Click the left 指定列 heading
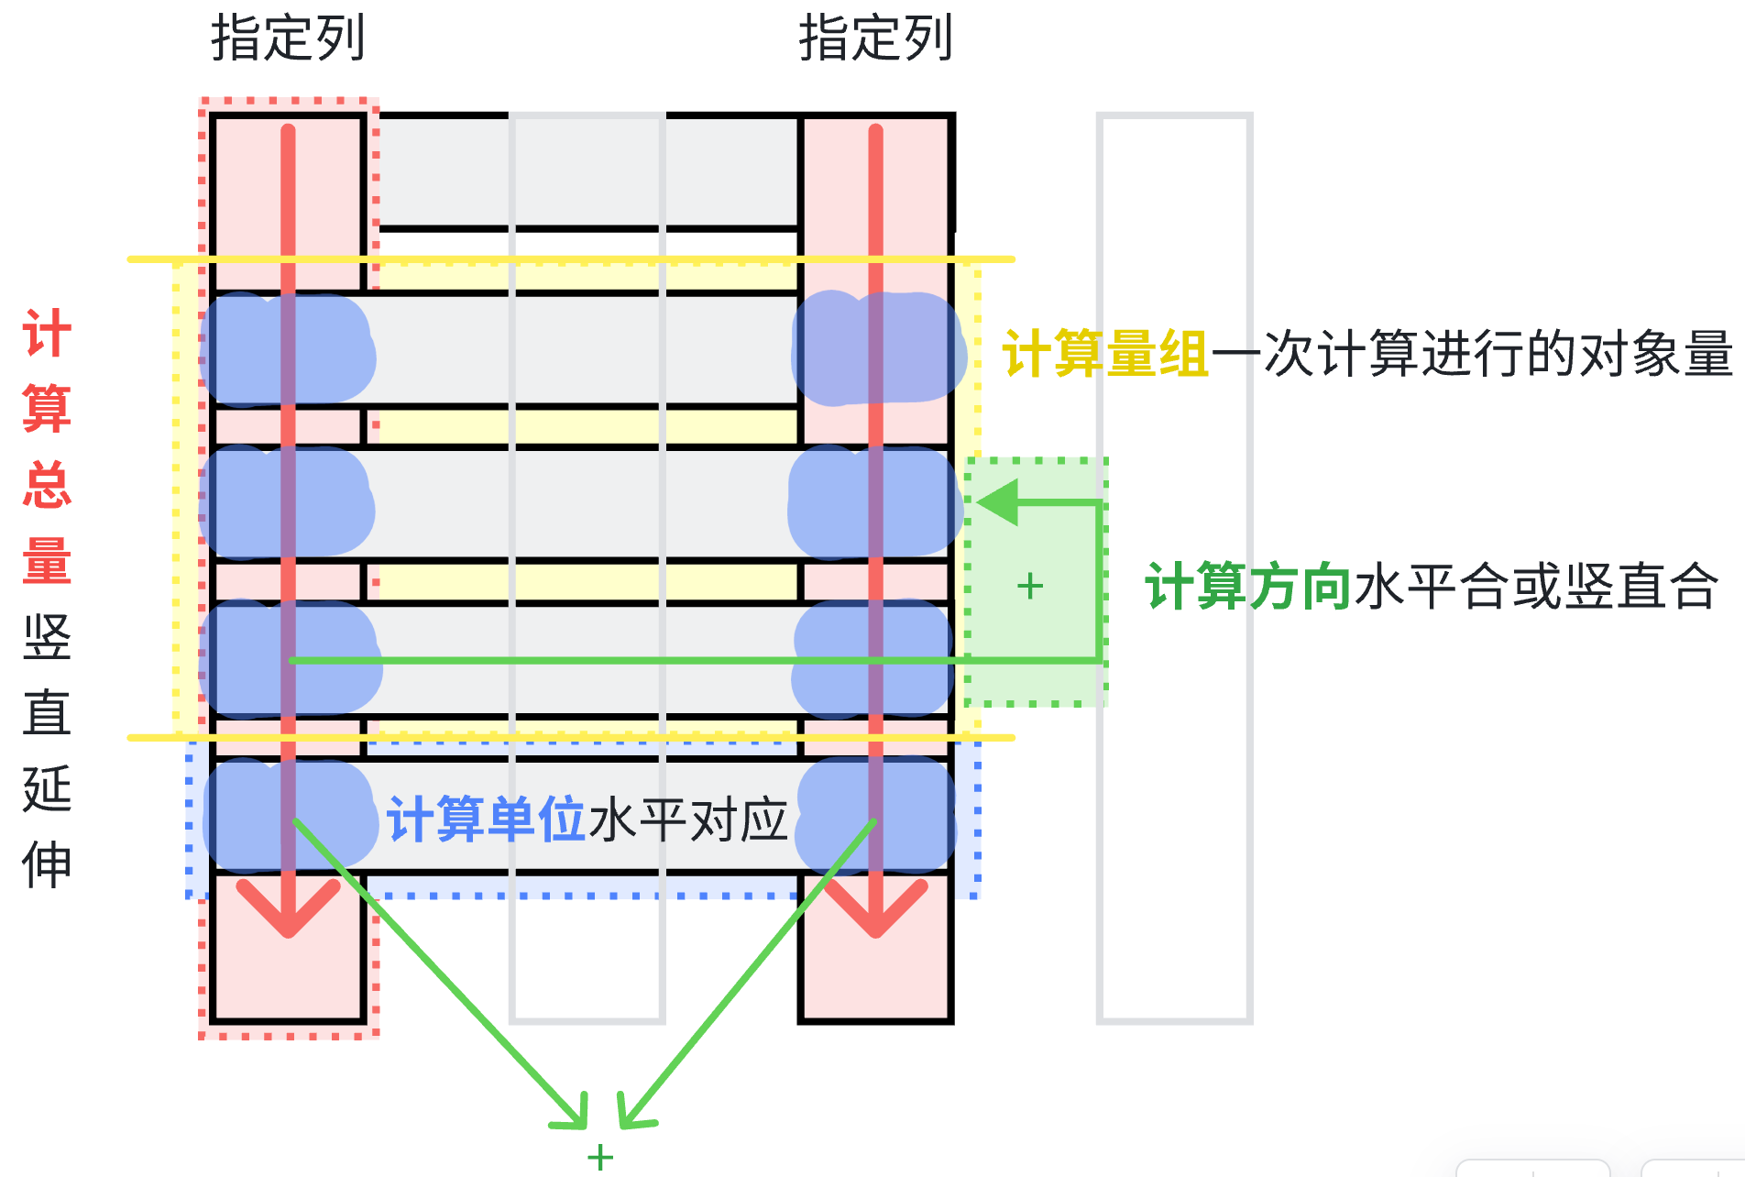point(288,38)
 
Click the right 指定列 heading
point(875,38)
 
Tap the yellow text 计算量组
point(1105,354)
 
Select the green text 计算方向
point(1248,587)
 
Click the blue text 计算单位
point(486,819)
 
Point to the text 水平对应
point(688,819)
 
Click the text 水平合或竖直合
point(1536,587)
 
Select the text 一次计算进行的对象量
point(1472,354)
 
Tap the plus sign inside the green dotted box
point(1030,586)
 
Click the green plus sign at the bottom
point(600,1157)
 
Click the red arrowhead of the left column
point(289,912)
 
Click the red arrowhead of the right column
point(876,912)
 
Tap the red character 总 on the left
point(47,485)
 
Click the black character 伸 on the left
point(47,864)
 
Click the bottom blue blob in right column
point(875,816)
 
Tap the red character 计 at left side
point(47,334)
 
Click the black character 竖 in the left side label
point(47,637)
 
